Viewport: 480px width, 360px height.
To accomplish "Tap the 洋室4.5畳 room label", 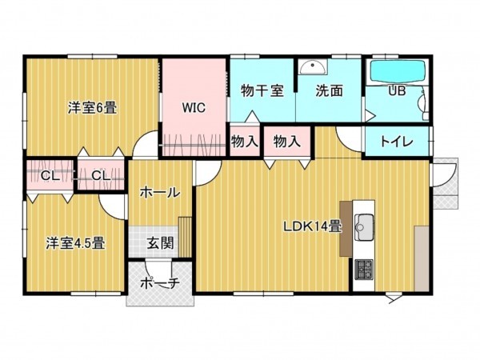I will coord(76,242).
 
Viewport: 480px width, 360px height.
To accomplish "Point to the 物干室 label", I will coord(262,90).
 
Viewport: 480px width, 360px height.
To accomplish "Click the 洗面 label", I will coord(328,90).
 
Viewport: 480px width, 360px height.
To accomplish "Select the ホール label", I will coord(159,192).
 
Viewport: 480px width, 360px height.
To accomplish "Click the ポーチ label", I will coord(159,284).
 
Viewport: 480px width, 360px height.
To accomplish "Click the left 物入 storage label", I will coord(244,142).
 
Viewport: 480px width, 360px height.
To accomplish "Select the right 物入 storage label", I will coord(286,142).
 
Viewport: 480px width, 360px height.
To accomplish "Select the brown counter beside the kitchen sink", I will coord(346,227).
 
